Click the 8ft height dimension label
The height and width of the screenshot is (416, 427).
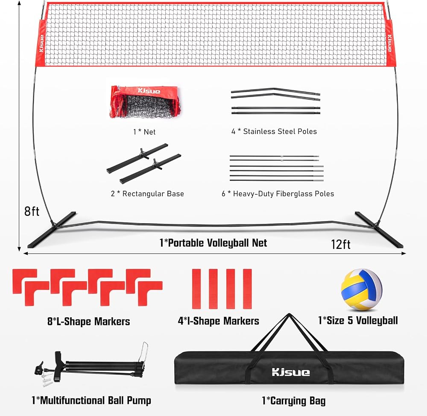pos(32,211)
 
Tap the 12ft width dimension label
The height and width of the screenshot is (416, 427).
pos(340,244)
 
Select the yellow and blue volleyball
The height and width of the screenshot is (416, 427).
pos(361,289)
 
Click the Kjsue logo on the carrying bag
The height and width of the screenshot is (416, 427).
pos(290,372)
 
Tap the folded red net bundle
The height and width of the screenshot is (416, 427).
pos(146,102)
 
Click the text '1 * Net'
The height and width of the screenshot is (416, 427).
pos(144,132)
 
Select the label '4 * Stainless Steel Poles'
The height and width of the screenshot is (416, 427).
pos(274,131)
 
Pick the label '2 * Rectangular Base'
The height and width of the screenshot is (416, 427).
pos(147,194)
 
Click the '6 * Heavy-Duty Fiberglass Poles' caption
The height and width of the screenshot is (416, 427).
pos(278,194)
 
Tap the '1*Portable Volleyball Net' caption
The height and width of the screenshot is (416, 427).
pos(213,243)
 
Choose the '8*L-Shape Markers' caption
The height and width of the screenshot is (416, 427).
pos(88,322)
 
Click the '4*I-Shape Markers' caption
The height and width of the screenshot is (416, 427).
pos(218,321)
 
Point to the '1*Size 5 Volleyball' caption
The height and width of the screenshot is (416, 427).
pos(358,320)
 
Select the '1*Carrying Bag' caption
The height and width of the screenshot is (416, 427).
pos(294,401)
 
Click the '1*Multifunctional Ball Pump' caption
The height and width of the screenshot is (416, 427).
pos(91,400)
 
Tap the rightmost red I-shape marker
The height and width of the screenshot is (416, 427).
pos(247,289)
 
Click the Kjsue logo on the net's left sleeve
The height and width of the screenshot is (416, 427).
pos(41,43)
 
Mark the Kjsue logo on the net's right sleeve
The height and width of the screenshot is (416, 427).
pos(390,43)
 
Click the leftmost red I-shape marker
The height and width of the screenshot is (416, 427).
pos(196,289)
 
